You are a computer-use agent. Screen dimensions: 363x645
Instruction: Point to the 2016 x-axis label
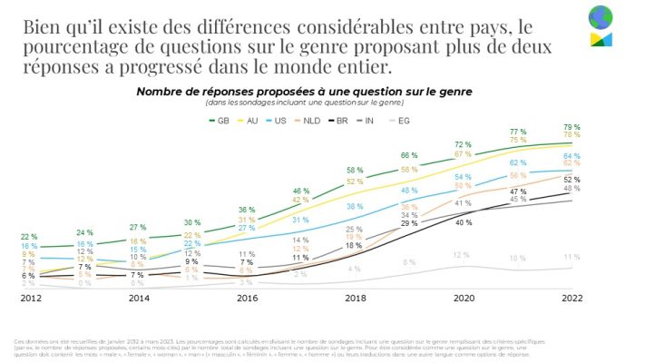click(248, 297)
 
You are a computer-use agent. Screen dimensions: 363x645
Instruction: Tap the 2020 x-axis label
click(464, 297)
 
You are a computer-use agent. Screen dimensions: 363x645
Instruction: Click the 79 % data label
click(572, 127)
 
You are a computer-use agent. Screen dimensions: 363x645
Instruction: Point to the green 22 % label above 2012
click(30, 237)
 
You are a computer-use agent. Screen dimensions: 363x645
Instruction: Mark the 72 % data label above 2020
click(463, 144)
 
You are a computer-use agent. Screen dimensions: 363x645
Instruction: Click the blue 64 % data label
click(572, 156)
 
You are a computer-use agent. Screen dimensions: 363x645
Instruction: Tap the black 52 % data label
click(572, 180)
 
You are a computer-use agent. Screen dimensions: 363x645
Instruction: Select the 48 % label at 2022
click(572, 189)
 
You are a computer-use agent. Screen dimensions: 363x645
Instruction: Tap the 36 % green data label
click(247, 210)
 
